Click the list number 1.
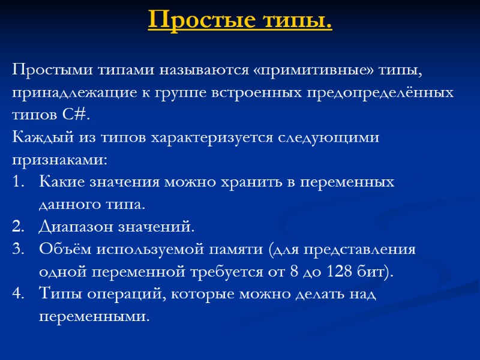tap(17, 182)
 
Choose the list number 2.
tap(17, 227)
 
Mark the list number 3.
tap(17, 249)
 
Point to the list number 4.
tap(17, 293)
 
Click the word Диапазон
tap(76, 227)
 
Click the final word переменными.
tap(92, 316)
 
